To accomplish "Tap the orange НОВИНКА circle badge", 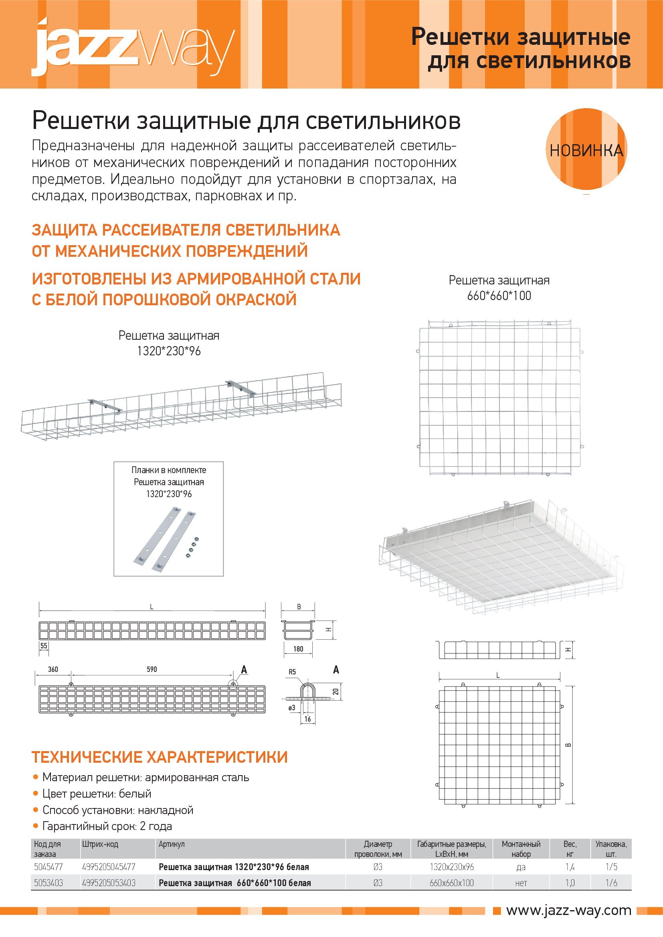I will click(x=586, y=150).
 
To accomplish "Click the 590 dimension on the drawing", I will click(x=152, y=669).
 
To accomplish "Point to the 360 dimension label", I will click(x=53, y=669).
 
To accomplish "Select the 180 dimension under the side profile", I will click(x=299, y=649).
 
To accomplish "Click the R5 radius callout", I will click(x=292, y=672).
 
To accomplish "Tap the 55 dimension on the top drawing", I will click(x=44, y=646).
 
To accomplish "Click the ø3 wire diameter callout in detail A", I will click(x=291, y=707).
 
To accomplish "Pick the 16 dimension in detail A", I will click(x=307, y=719).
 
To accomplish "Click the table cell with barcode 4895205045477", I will click(x=109, y=867).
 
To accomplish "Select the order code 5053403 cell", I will click(x=48, y=883).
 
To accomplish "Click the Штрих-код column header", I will click(x=100, y=844).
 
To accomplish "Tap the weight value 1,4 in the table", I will click(x=570, y=867).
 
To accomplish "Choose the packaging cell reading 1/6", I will click(x=611, y=883).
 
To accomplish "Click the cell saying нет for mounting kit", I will click(x=521, y=883).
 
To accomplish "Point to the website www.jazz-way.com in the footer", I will click(x=568, y=911).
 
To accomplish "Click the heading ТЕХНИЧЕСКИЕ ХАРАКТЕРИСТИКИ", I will click(x=160, y=757).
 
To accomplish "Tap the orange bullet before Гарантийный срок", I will click(x=36, y=826).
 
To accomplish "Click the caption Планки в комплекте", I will click(x=169, y=470).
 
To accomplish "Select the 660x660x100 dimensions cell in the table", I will click(x=451, y=883).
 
